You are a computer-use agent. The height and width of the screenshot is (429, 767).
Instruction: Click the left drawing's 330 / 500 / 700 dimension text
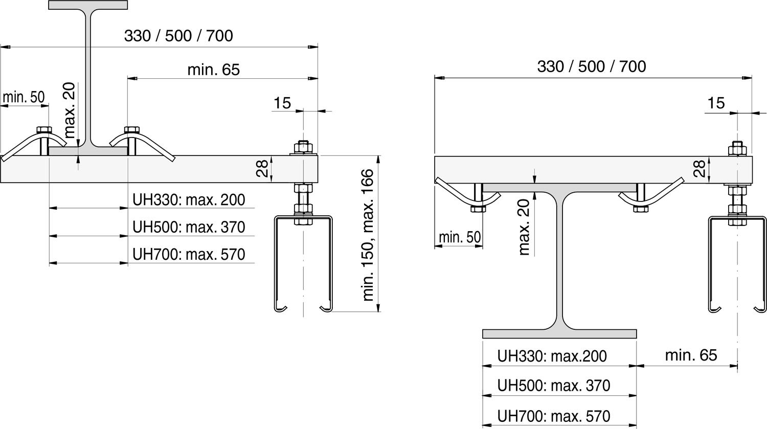[x=178, y=36]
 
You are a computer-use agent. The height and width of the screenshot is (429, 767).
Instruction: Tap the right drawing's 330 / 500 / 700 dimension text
[x=591, y=66]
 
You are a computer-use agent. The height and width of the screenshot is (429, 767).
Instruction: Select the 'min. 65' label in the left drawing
[x=214, y=70]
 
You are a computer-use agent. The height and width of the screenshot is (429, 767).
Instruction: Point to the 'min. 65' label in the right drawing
[x=691, y=355]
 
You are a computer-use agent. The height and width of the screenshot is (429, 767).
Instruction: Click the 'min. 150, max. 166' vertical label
[x=368, y=235]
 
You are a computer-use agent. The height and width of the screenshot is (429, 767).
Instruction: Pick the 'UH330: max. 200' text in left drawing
[x=189, y=200]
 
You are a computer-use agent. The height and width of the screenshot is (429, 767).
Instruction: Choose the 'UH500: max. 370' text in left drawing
[x=189, y=227]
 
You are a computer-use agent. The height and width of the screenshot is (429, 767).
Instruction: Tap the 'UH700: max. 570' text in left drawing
[x=189, y=255]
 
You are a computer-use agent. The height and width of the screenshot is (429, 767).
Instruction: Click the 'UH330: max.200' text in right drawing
[x=552, y=356]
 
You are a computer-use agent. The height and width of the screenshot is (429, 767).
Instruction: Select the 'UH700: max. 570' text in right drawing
[x=554, y=416]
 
